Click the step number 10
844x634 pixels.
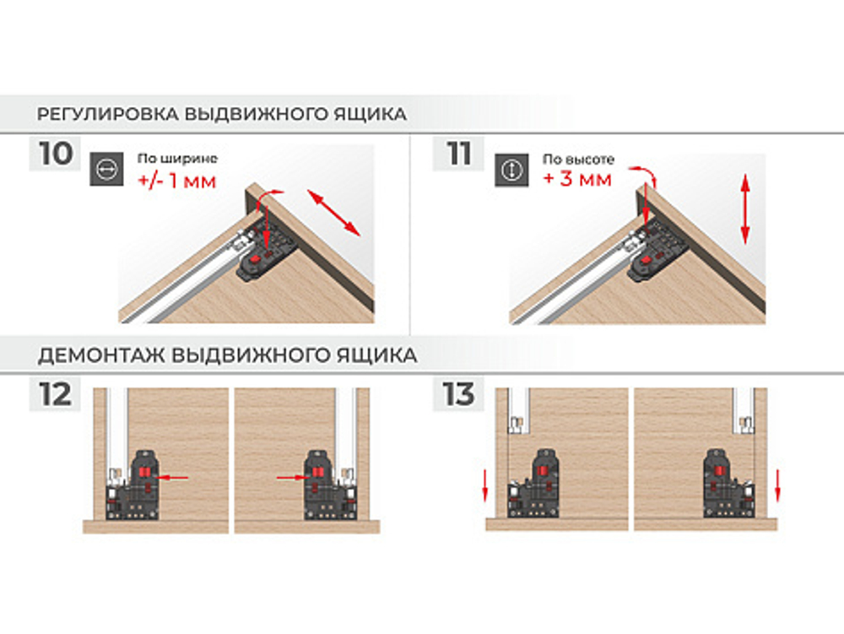click(56, 154)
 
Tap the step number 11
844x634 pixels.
click(458, 154)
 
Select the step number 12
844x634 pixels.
click(55, 394)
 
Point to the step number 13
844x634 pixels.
click(458, 394)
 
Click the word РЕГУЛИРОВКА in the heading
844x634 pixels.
click(108, 114)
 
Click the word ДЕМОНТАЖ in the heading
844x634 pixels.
click(102, 355)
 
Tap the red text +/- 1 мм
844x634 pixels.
click(177, 180)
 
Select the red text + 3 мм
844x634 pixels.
click(577, 178)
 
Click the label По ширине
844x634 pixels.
click(177, 159)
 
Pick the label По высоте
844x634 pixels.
click(578, 160)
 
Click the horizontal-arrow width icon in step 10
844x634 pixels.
click(106, 170)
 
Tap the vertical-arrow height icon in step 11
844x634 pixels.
click(511, 170)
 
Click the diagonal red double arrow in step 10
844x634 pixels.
click(333, 213)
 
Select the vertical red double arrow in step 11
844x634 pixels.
click(745, 209)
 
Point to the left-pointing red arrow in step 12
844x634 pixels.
click(171, 477)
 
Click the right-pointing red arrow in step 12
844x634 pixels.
click(293, 477)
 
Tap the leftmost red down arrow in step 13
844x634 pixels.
click(485, 485)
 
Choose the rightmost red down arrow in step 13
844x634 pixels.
click(776, 485)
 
